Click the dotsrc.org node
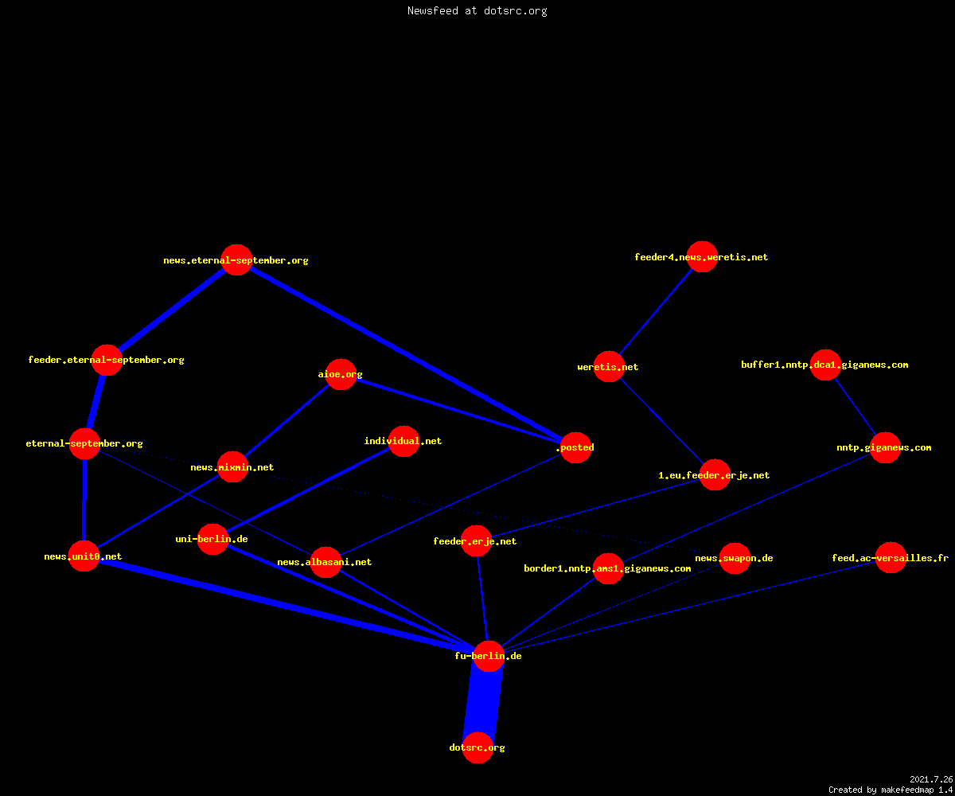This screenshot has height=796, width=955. click(x=477, y=747)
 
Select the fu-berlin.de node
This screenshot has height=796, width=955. click(x=489, y=656)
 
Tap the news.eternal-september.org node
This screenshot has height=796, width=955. click(x=236, y=259)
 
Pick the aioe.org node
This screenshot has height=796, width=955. click(x=341, y=374)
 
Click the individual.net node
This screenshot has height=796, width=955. click(x=403, y=441)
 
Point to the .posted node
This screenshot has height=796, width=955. click(x=576, y=447)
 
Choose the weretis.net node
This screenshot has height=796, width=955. click(x=609, y=366)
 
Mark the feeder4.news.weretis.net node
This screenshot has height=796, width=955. click(x=702, y=256)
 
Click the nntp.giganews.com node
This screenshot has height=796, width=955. click(x=885, y=447)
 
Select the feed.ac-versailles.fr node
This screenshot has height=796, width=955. click(x=891, y=557)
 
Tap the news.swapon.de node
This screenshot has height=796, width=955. click(x=735, y=558)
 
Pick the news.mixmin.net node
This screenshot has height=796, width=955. click(x=232, y=466)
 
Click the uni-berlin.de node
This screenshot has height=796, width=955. click(x=212, y=539)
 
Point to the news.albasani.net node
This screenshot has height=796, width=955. click(x=325, y=562)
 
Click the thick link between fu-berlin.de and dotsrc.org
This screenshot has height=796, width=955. click(x=483, y=702)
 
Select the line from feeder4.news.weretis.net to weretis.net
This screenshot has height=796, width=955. click(x=656, y=311)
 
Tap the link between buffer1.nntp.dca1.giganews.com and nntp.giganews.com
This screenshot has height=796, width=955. click(x=856, y=406)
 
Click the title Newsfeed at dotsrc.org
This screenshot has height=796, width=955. click(x=477, y=10)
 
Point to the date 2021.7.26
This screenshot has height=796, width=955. click(x=931, y=779)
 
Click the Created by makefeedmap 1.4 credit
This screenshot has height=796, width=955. click(x=891, y=790)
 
